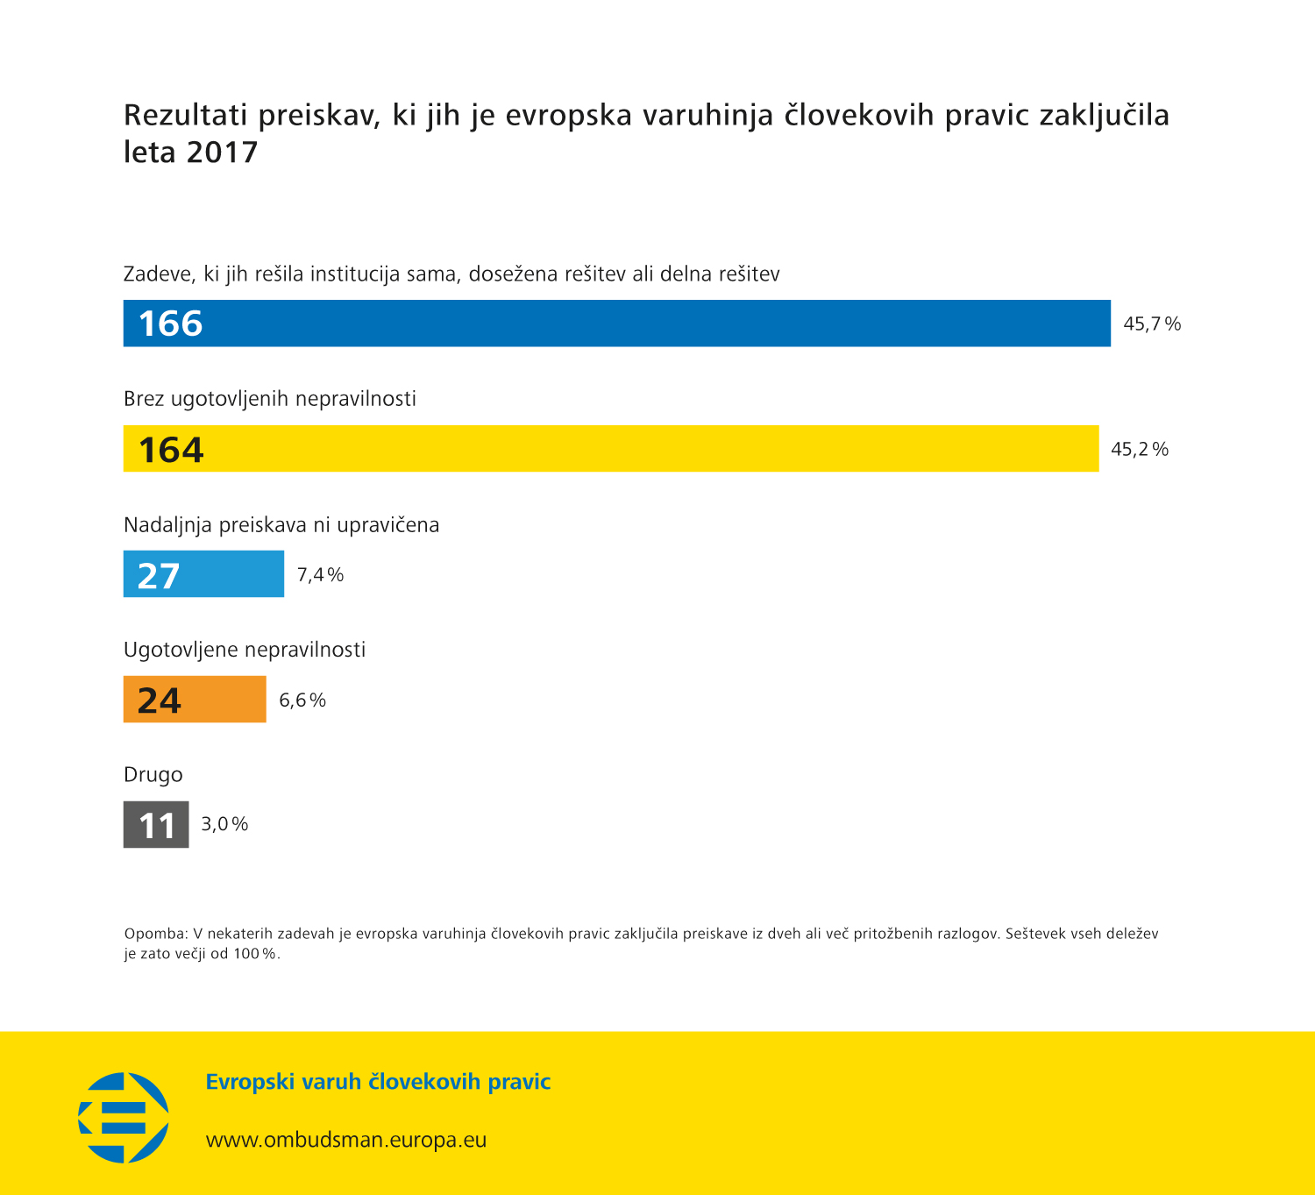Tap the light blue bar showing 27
tap(203, 574)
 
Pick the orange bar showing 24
tap(195, 700)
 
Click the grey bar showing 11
tap(156, 824)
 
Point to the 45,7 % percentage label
tap(1152, 324)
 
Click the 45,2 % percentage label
tap(1140, 450)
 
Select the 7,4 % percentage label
tap(320, 575)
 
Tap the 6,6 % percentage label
tap(302, 701)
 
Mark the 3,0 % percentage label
tap(224, 824)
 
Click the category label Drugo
tap(153, 775)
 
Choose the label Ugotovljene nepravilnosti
tap(245, 650)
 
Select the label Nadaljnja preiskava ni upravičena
tap(281, 525)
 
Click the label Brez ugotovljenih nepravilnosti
tap(270, 399)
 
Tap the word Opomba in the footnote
tap(155, 934)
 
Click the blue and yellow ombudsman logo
tap(124, 1117)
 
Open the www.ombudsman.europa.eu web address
tap(346, 1140)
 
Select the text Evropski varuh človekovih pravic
tap(378, 1082)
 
